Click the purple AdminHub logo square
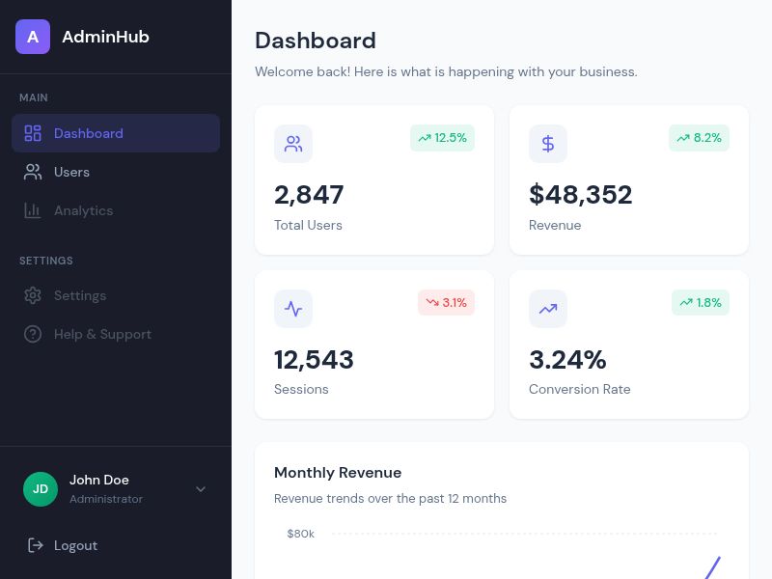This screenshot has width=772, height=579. pyautogui.click(x=33, y=37)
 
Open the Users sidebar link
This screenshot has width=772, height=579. pyautogui.click(x=71, y=172)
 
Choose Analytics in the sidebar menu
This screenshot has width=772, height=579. pyautogui.click(x=83, y=210)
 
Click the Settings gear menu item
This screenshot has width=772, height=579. pyautogui.click(x=79, y=295)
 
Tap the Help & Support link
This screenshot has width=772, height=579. pyautogui.click(x=102, y=334)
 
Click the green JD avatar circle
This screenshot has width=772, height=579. pyautogui.click(x=41, y=488)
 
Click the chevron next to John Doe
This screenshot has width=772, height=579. pyautogui.click(x=201, y=489)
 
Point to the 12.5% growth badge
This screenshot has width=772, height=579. pyautogui.click(x=442, y=138)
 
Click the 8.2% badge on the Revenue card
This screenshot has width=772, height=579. pyautogui.click(x=699, y=138)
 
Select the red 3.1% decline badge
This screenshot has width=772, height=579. pyautogui.click(x=446, y=302)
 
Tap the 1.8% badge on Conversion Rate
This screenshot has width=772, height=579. pyautogui.click(x=700, y=302)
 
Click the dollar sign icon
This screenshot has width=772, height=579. pyautogui.click(x=548, y=144)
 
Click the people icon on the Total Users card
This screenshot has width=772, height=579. pyautogui.click(x=293, y=144)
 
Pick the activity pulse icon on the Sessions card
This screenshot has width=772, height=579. pyautogui.click(x=293, y=309)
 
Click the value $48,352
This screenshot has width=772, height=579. pyautogui.click(x=580, y=195)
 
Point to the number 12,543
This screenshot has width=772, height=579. pyautogui.click(x=314, y=360)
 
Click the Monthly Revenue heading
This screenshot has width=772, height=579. pyautogui.click(x=338, y=473)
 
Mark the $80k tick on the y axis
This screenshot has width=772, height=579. pyautogui.click(x=300, y=534)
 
